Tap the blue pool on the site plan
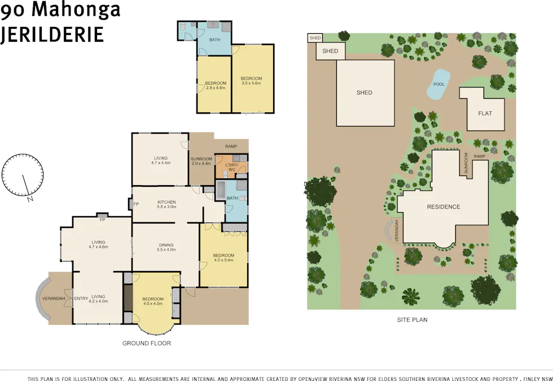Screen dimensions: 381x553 point(438,84)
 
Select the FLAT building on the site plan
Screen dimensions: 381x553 point(485,113)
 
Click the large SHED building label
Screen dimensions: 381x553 point(365,93)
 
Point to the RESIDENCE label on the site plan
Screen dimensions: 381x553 point(443,207)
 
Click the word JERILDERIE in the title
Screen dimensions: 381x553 point(52,34)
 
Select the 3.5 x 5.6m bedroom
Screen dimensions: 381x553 point(252,80)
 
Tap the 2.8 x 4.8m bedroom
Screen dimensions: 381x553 point(215,85)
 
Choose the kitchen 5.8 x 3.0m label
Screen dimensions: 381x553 point(167,204)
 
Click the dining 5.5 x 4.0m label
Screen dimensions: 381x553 point(166,247)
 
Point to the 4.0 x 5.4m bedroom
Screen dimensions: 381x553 point(223,258)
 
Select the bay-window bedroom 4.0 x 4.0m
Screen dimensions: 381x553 point(152,301)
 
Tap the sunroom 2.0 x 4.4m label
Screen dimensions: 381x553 point(201,161)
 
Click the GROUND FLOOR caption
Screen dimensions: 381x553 point(147,343)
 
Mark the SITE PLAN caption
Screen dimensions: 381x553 point(412,320)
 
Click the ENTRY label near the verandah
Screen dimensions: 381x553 point(81,299)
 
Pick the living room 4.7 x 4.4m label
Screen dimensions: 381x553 point(161,160)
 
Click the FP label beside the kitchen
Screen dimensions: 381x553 point(136,204)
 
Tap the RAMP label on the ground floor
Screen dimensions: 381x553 point(231,146)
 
